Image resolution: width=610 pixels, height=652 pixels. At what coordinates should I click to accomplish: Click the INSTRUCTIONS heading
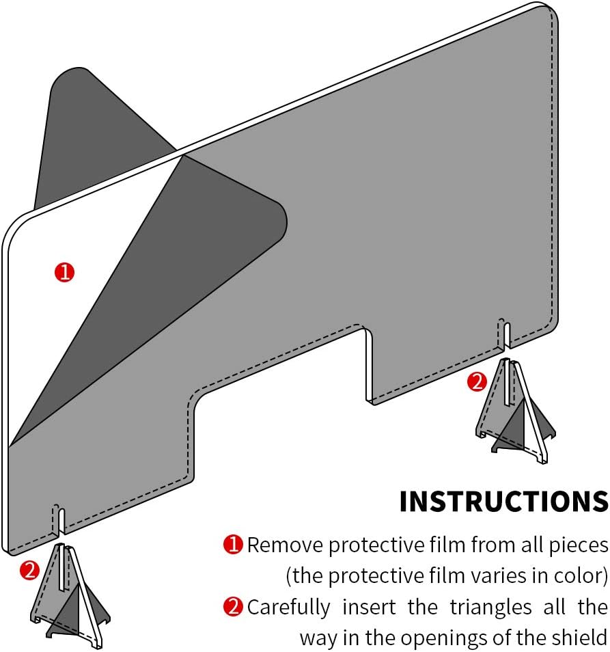pos(503,502)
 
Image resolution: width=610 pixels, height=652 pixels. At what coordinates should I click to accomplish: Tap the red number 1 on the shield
pos(65,273)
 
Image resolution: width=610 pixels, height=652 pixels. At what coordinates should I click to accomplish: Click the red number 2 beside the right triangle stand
pos(477,382)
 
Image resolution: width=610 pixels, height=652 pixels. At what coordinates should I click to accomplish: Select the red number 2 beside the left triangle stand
pos(30,571)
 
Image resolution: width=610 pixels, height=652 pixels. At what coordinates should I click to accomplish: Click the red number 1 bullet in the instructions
pos(233,545)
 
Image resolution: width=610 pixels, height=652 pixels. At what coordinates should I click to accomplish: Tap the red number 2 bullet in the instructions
pos(233,607)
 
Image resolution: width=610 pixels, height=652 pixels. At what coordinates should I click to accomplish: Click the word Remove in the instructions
pos(285,545)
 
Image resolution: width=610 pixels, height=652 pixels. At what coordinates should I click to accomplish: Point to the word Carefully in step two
pos(289,608)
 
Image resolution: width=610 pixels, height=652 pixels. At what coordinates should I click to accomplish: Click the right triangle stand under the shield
pos(514,411)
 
